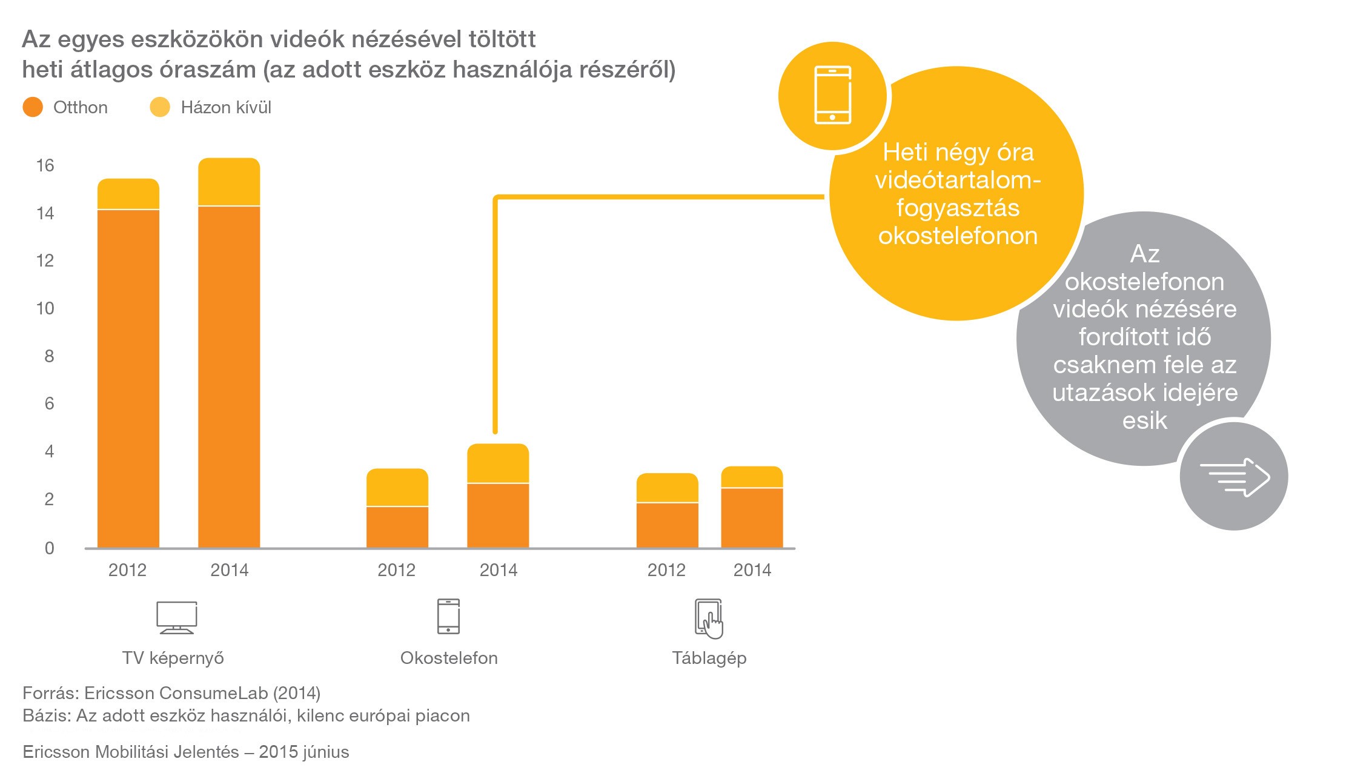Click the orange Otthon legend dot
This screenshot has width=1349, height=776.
(x=33, y=107)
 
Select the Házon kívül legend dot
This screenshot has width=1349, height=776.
(x=160, y=107)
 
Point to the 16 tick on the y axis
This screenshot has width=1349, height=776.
(x=45, y=165)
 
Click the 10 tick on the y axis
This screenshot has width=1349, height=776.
(x=45, y=308)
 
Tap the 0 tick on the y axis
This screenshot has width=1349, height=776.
(x=50, y=548)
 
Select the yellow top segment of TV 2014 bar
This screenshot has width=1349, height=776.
(x=229, y=182)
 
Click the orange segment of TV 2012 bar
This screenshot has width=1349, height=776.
(x=128, y=379)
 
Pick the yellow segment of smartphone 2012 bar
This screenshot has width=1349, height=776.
(x=397, y=487)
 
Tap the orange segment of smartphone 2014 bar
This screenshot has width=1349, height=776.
(x=498, y=516)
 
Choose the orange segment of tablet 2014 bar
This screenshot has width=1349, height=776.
(x=752, y=518)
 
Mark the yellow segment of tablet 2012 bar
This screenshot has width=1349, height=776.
(x=667, y=488)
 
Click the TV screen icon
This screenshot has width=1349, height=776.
(x=177, y=617)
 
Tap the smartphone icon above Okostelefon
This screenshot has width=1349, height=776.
(x=448, y=616)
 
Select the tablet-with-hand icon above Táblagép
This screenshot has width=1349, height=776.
(x=709, y=618)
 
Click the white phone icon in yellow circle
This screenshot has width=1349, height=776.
(x=833, y=95)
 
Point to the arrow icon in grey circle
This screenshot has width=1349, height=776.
(x=1235, y=477)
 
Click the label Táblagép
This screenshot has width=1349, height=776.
(x=709, y=658)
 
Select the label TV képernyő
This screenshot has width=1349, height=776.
(x=173, y=658)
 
